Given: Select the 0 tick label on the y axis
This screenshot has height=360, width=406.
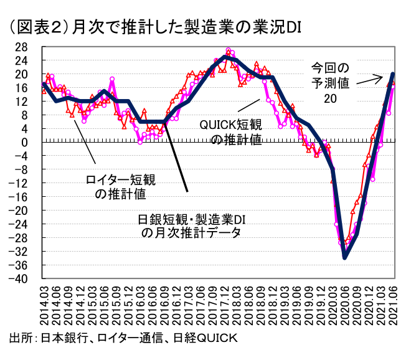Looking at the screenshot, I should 24,143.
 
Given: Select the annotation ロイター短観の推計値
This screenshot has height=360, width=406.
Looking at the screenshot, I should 120,186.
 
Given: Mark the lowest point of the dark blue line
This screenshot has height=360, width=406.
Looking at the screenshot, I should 345,257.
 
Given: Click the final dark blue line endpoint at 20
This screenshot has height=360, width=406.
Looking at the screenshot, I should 393,74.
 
